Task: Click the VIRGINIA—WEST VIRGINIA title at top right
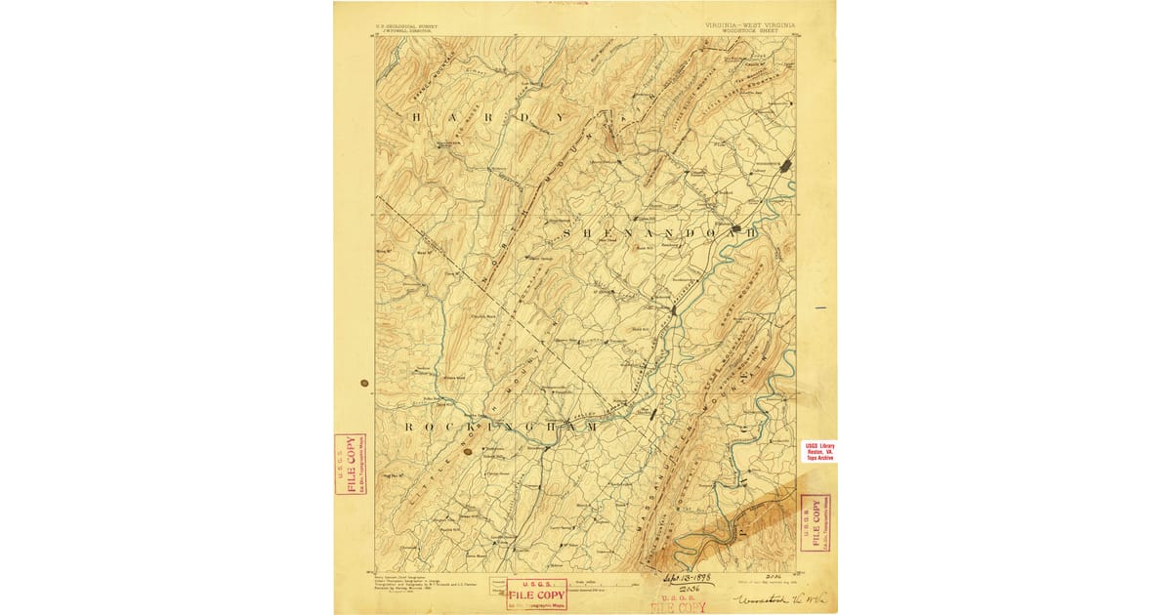[748, 23]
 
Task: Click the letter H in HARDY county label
[417, 118]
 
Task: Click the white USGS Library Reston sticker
[818, 450]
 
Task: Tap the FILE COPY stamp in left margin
[350, 464]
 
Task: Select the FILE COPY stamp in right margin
[815, 522]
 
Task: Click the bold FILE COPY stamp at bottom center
[535, 594]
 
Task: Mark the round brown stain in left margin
[364, 384]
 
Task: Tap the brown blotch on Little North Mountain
[467, 450]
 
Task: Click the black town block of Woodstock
[786, 167]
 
